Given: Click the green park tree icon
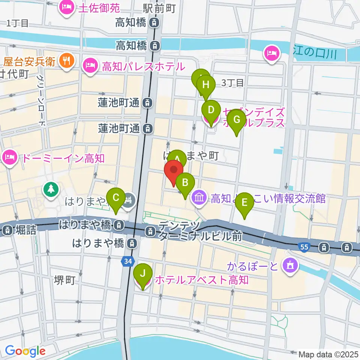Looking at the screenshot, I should click(x=51, y=188).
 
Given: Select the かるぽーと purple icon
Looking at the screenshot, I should click(x=290, y=265).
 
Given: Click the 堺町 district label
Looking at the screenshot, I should click(x=64, y=280).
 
